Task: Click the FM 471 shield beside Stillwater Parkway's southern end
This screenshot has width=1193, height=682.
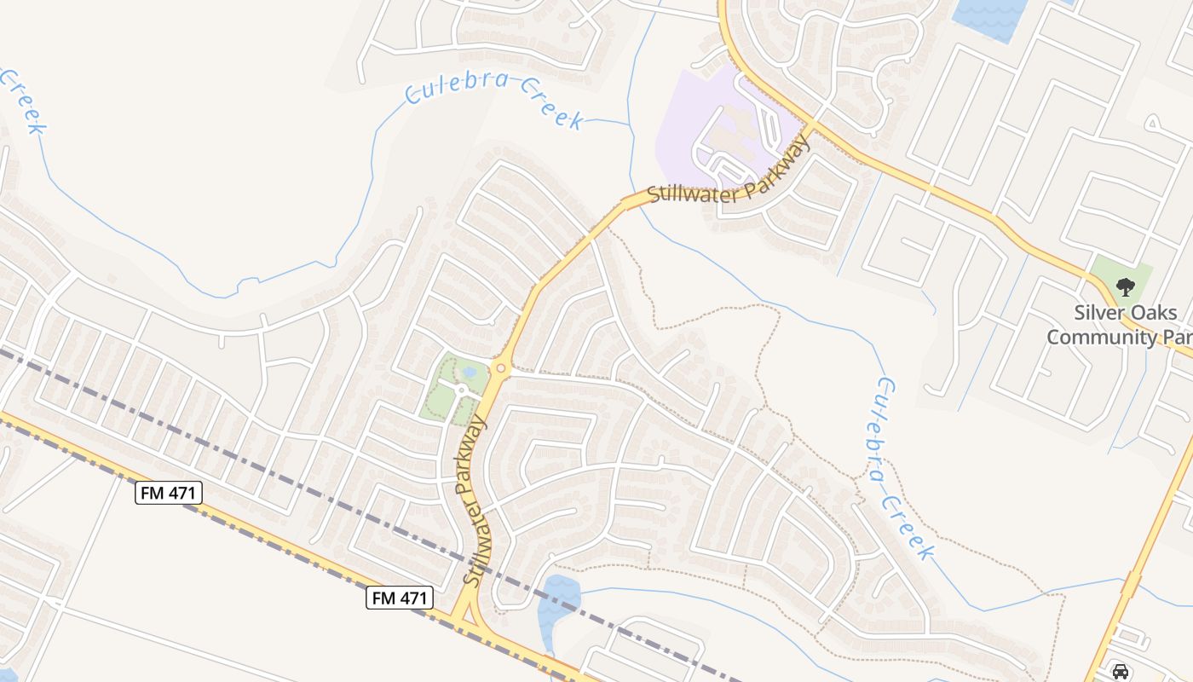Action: tap(400, 598)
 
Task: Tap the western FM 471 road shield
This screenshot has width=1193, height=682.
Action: tap(168, 492)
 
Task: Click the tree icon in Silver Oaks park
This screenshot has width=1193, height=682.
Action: tap(1125, 286)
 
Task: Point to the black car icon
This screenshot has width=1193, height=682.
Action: tap(1121, 672)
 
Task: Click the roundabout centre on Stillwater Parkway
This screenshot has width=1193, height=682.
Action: tap(500, 368)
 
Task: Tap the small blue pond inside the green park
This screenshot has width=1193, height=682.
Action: tap(468, 373)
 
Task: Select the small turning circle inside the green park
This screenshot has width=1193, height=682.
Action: tap(461, 390)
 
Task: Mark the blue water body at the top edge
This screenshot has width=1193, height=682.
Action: tap(990, 17)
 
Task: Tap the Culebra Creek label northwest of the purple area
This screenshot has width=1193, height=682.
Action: tap(494, 100)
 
